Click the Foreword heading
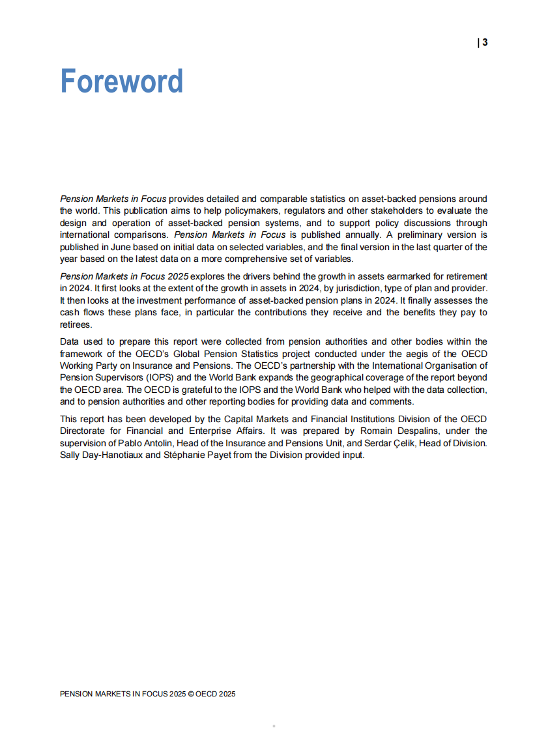[121, 81]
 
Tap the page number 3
[485, 43]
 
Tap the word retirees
[76, 324]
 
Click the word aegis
[397, 354]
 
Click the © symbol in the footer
[190, 694]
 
